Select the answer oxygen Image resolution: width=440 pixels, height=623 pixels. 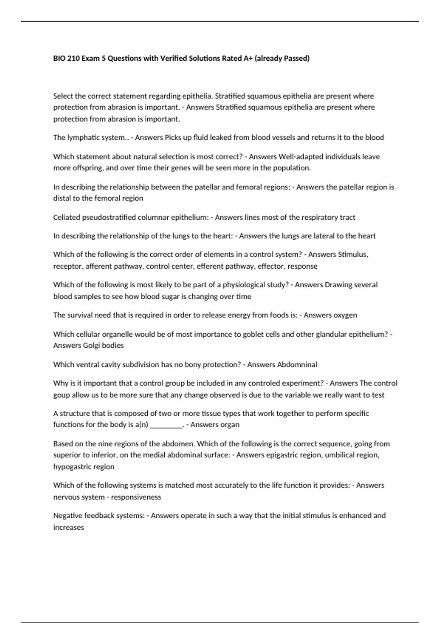344,315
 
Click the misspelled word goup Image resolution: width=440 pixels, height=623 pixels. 61,395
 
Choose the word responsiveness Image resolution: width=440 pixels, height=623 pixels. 136,497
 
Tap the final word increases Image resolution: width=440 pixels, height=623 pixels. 69,527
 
